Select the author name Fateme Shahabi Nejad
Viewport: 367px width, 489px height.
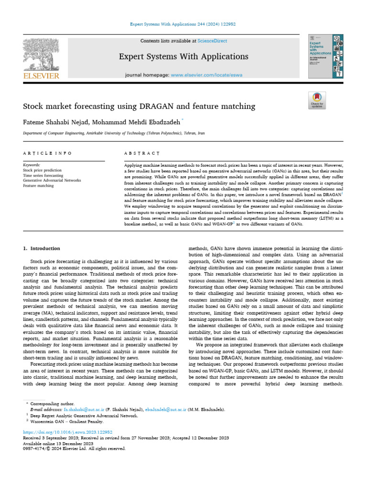click(x=56, y=122)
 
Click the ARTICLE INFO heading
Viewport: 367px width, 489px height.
click(x=47, y=153)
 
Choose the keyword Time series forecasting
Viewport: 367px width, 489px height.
click(x=43, y=175)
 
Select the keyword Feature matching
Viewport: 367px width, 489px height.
click(x=38, y=185)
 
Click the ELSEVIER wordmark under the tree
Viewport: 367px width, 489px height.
click(x=42, y=75)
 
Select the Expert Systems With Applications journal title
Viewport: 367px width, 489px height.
click(x=184, y=57)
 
